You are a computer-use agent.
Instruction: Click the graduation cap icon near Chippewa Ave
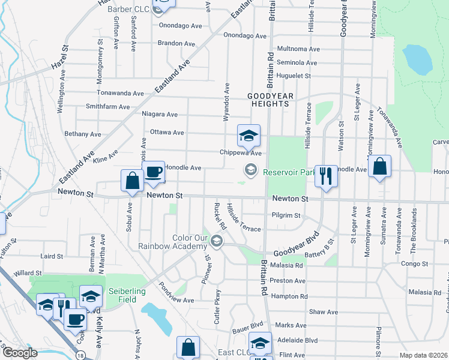pyautogui.click(x=248, y=136)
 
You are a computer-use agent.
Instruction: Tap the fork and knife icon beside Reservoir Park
pyautogui.click(x=326, y=176)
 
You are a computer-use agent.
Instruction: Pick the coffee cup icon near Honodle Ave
pyautogui.click(x=153, y=172)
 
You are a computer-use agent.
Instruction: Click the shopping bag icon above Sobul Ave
pyautogui.click(x=132, y=181)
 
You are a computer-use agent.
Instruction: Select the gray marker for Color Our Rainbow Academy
pyautogui.click(x=217, y=242)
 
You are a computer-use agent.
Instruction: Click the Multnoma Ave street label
pyautogui.click(x=296, y=49)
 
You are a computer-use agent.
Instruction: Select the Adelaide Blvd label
pyautogui.click(x=297, y=340)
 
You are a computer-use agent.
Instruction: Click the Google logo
pyautogui.click(x=19, y=353)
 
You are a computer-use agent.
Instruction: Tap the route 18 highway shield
pyautogui.click(x=80, y=355)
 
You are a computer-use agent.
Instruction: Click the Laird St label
pyautogui.click(x=52, y=256)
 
